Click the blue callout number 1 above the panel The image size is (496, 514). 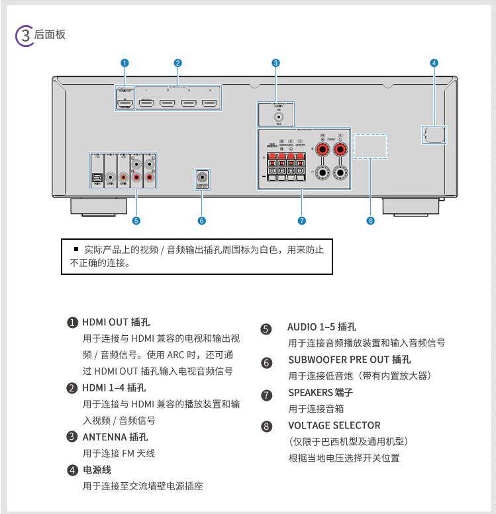124,63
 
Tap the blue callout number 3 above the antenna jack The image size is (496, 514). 275,63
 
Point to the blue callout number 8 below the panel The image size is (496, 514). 370,221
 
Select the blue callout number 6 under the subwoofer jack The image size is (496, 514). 202,221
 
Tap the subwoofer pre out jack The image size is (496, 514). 202,178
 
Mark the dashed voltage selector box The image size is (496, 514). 370,146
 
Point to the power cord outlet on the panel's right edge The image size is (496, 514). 433,134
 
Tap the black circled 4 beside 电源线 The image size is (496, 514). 73,470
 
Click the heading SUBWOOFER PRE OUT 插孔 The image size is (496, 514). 349,360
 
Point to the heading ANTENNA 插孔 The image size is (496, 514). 115,437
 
